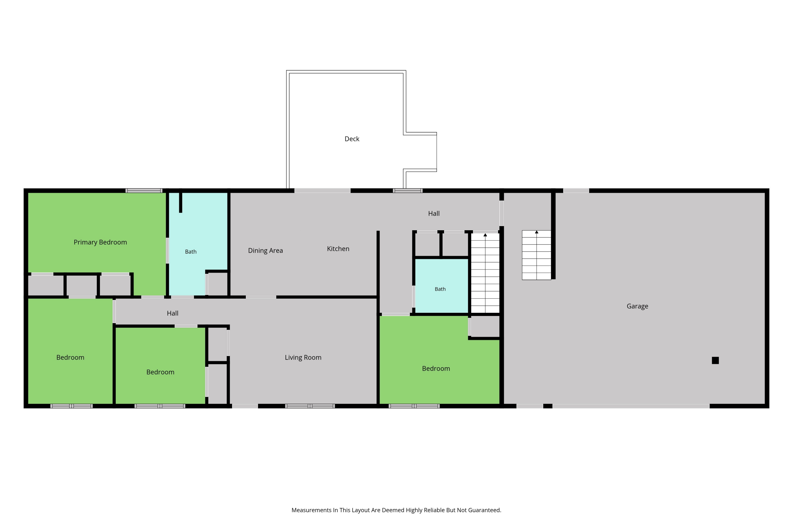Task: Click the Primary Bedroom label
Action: [100, 242]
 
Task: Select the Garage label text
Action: [637, 306]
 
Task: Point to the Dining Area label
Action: [265, 251]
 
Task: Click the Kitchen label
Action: [338, 249]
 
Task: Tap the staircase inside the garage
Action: [536, 255]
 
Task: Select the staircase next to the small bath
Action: [485, 273]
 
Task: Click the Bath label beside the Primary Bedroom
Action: [191, 252]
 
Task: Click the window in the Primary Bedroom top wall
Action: [144, 191]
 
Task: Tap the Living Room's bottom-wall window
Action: [310, 406]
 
